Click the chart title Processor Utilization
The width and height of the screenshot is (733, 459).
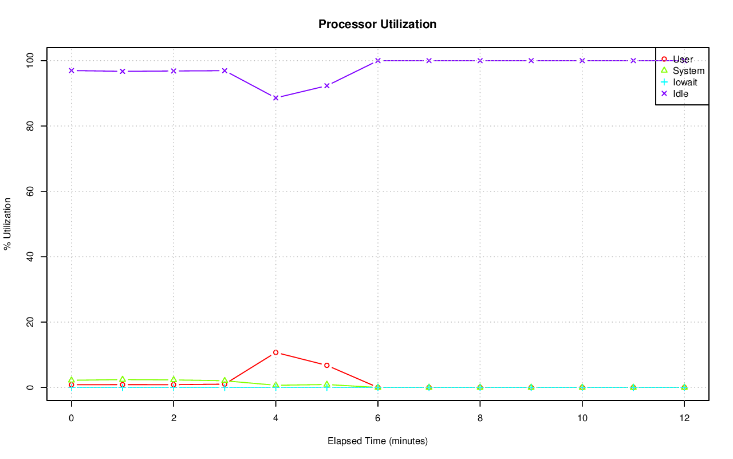(x=377, y=25)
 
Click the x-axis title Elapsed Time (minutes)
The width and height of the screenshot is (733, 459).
(x=377, y=441)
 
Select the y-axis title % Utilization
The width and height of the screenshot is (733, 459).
(x=8, y=223)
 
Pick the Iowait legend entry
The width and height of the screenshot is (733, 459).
(x=685, y=82)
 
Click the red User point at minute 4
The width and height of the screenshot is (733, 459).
(x=275, y=352)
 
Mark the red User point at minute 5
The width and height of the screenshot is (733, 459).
(x=326, y=365)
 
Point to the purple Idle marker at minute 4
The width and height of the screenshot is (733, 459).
(x=275, y=98)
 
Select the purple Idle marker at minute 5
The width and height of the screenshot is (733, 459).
(x=326, y=86)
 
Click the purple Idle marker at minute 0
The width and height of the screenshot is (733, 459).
(x=71, y=70)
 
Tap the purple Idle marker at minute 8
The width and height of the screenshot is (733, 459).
(x=480, y=61)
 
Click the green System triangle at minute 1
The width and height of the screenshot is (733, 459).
(x=122, y=379)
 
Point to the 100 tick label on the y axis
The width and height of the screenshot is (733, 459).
(x=30, y=60)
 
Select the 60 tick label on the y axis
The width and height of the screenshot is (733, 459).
(x=30, y=191)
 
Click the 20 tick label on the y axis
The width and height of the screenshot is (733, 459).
(x=30, y=322)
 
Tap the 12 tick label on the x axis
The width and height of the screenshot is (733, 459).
(x=684, y=418)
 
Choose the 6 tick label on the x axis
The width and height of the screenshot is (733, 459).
(x=377, y=418)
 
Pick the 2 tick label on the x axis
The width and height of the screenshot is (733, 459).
(x=173, y=418)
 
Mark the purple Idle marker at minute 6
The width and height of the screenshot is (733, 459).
(x=377, y=61)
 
